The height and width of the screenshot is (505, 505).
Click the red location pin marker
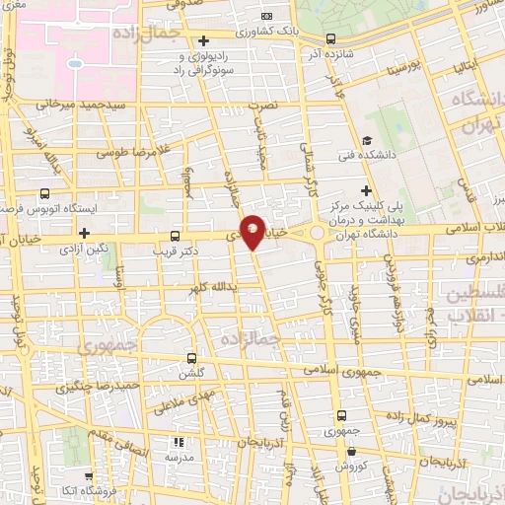click(x=253, y=232)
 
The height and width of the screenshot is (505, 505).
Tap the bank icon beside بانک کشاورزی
click(x=266, y=16)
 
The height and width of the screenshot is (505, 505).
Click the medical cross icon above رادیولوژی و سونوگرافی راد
click(x=203, y=41)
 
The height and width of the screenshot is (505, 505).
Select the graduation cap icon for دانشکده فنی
click(x=367, y=140)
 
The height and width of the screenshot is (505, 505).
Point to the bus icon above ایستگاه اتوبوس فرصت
click(x=44, y=194)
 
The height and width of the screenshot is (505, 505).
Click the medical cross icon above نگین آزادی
click(x=85, y=234)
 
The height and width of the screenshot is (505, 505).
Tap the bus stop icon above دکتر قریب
click(x=176, y=236)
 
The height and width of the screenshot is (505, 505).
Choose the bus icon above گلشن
click(x=191, y=359)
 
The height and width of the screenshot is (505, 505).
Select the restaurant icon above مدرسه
click(x=179, y=443)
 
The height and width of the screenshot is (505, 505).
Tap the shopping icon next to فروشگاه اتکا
click(x=88, y=475)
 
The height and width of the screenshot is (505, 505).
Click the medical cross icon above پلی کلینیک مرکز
click(x=367, y=189)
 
